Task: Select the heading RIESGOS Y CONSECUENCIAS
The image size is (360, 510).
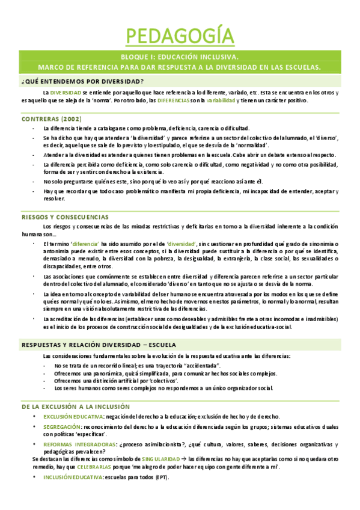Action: (65, 216)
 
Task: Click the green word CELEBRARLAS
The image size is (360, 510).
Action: (94, 466)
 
